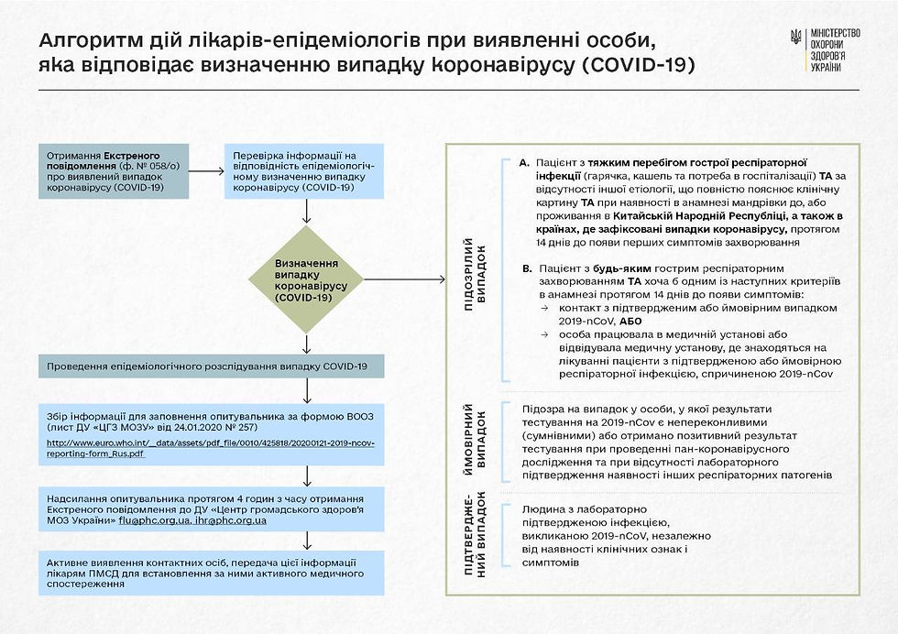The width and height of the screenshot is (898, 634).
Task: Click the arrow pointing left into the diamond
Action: point(403,279)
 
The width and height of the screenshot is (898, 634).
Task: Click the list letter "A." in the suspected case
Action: point(524,162)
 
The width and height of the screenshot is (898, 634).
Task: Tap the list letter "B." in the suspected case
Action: point(525,269)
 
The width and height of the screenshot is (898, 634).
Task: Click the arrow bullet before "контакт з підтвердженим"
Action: point(542,308)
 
